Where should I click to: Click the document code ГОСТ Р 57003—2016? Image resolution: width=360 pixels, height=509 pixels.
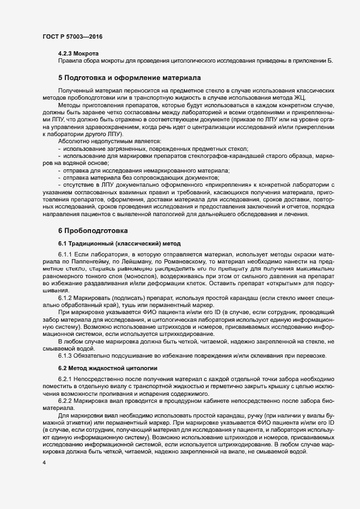click(72, 36)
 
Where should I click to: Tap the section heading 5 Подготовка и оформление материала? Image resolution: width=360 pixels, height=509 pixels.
click(130, 78)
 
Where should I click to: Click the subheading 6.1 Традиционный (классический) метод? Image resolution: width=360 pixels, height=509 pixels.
click(119, 242)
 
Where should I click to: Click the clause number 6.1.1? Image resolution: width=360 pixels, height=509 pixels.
click(65, 254)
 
